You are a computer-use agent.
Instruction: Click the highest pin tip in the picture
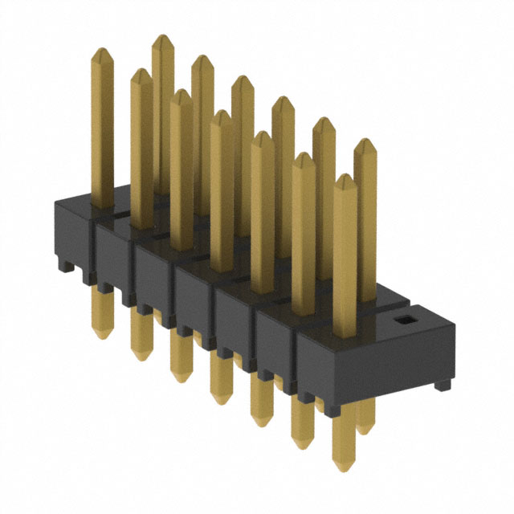(x=163, y=38)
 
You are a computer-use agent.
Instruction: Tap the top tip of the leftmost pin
(x=102, y=51)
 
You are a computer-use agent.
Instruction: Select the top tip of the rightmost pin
(x=365, y=142)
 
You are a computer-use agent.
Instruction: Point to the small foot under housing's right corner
(x=442, y=386)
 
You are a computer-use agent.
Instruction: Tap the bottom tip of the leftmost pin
(x=101, y=334)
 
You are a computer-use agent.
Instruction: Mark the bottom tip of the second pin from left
(x=141, y=357)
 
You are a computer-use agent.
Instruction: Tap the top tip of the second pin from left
(x=141, y=72)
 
